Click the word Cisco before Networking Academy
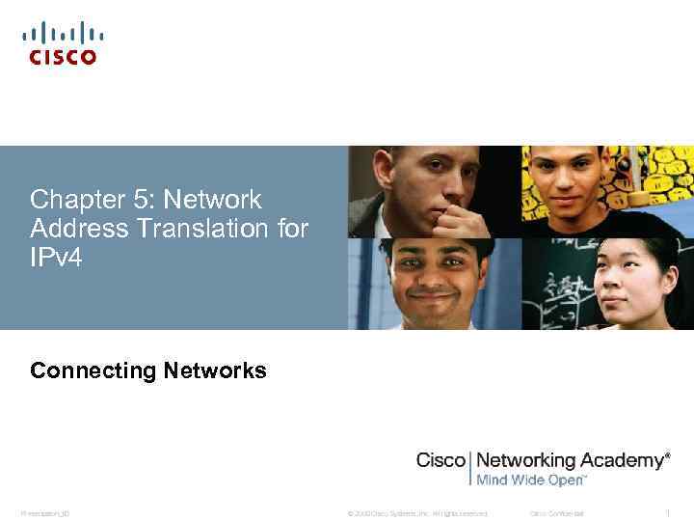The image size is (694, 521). coord(440,460)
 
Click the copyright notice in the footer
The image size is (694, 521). coord(417,512)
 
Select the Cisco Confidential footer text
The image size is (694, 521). coord(557,512)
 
